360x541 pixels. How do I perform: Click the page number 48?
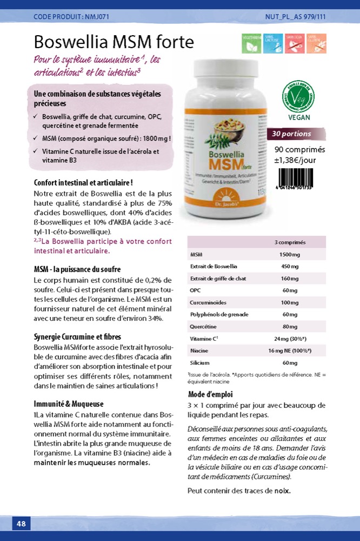point(21,523)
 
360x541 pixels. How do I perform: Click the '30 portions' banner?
point(295,134)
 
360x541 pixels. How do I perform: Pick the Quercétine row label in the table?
point(203,326)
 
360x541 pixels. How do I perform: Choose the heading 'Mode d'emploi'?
point(209,394)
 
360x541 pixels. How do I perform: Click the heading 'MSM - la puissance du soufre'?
point(77,269)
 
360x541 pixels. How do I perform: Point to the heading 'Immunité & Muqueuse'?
point(69,404)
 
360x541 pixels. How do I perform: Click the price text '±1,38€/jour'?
point(295,160)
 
